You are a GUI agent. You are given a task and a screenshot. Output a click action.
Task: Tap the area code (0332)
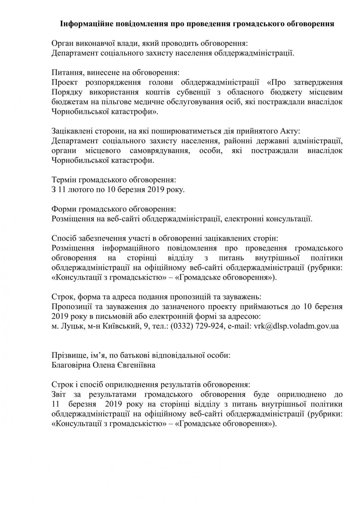tap(182, 326)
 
